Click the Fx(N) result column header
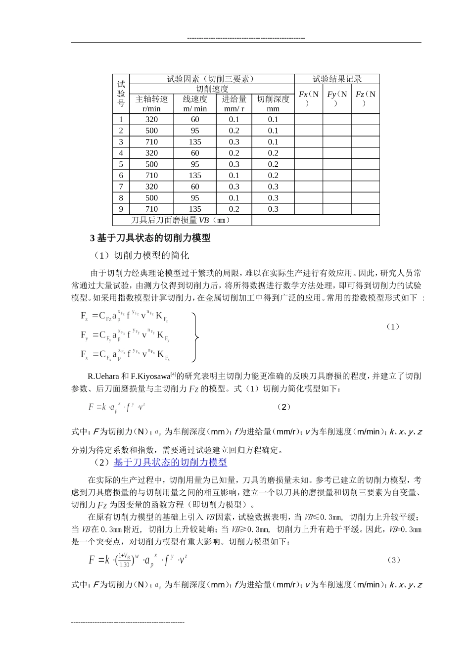(309, 98)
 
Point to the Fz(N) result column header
(366, 98)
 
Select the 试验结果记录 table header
(337, 79)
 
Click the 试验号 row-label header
(121, 94)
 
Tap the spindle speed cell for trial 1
(151, 119)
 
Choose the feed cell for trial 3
(234, 142)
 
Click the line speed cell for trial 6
(195, 176)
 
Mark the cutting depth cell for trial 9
(273, 209)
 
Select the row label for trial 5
(121, 164)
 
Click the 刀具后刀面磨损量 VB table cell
(182, 220)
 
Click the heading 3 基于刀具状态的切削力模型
(150, 238)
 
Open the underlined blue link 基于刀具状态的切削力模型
(170, 463)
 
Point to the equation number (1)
(392, 327)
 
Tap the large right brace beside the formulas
(196, 337)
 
